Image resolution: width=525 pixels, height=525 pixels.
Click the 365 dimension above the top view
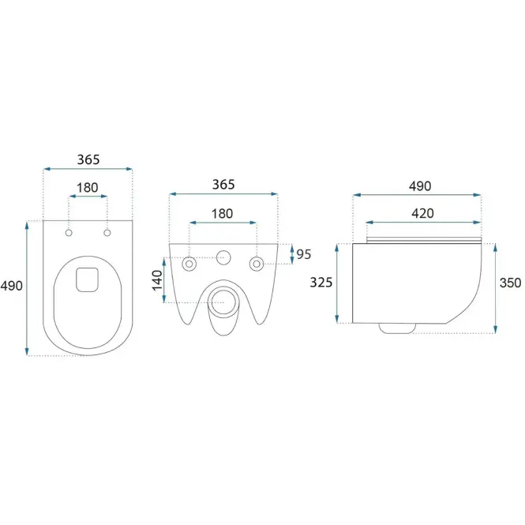pos(88,159)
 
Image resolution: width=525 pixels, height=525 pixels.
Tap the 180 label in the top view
pos(88,188)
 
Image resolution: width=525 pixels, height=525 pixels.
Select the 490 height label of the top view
pos(11,286)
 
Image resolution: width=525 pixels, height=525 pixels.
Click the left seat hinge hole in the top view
pos(69,233)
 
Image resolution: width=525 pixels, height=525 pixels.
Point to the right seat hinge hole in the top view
pos(107,233)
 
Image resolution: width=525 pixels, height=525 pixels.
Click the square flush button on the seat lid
pos(87,279)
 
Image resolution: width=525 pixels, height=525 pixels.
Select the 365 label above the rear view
pos(223,185)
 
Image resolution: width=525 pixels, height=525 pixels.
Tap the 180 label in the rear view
pos(223,214)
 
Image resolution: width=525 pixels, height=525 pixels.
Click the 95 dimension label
pos(304,254)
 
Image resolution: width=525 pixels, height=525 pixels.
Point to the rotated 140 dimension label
pos(157,280)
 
